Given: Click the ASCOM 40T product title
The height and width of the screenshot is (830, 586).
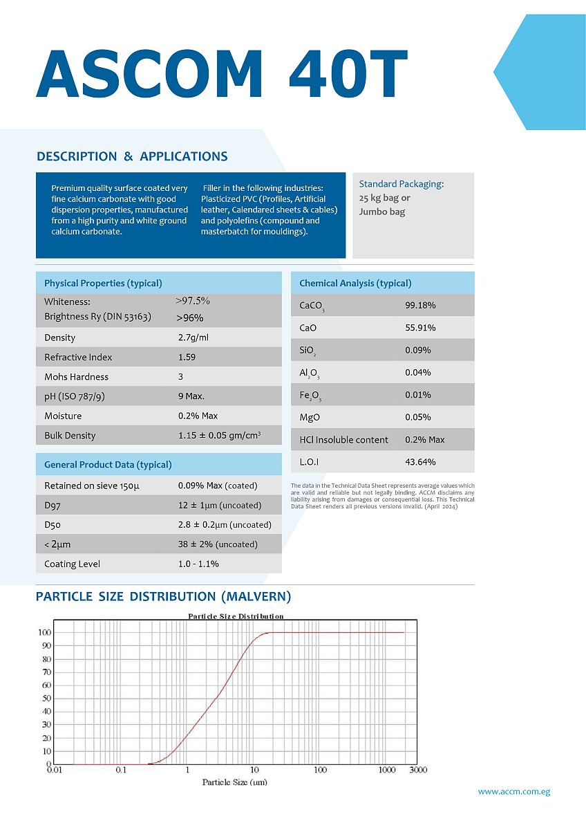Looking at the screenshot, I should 221,73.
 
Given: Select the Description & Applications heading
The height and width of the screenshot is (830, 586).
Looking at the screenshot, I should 132,156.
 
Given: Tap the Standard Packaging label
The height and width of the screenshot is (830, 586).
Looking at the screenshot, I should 401,184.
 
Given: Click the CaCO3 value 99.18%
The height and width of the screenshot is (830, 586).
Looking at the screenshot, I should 420,305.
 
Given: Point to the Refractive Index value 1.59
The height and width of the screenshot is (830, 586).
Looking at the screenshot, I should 187,358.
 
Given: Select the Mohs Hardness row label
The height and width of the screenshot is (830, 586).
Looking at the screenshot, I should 76,377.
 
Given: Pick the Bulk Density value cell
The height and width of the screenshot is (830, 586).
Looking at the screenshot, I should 219,436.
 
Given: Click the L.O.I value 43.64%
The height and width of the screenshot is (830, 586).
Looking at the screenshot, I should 420,462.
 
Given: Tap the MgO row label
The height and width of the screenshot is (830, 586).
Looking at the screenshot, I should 310,417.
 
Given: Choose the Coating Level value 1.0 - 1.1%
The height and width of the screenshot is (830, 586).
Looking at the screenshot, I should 198,564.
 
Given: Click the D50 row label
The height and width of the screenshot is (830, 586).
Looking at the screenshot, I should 53,525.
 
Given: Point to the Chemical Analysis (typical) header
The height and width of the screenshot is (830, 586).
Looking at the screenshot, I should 355,283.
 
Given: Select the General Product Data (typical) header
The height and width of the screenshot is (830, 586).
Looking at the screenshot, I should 108,465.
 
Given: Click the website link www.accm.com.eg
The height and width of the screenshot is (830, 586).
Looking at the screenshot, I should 514,792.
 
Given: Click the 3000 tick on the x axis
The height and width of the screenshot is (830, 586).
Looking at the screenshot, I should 417,770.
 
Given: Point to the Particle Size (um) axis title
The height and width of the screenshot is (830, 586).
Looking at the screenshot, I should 234,782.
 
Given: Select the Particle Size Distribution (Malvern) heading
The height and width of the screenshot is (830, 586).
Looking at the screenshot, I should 163,596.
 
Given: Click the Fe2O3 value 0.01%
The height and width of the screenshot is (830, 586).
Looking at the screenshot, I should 417,395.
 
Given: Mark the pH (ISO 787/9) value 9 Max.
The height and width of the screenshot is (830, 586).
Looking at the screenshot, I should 191,396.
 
